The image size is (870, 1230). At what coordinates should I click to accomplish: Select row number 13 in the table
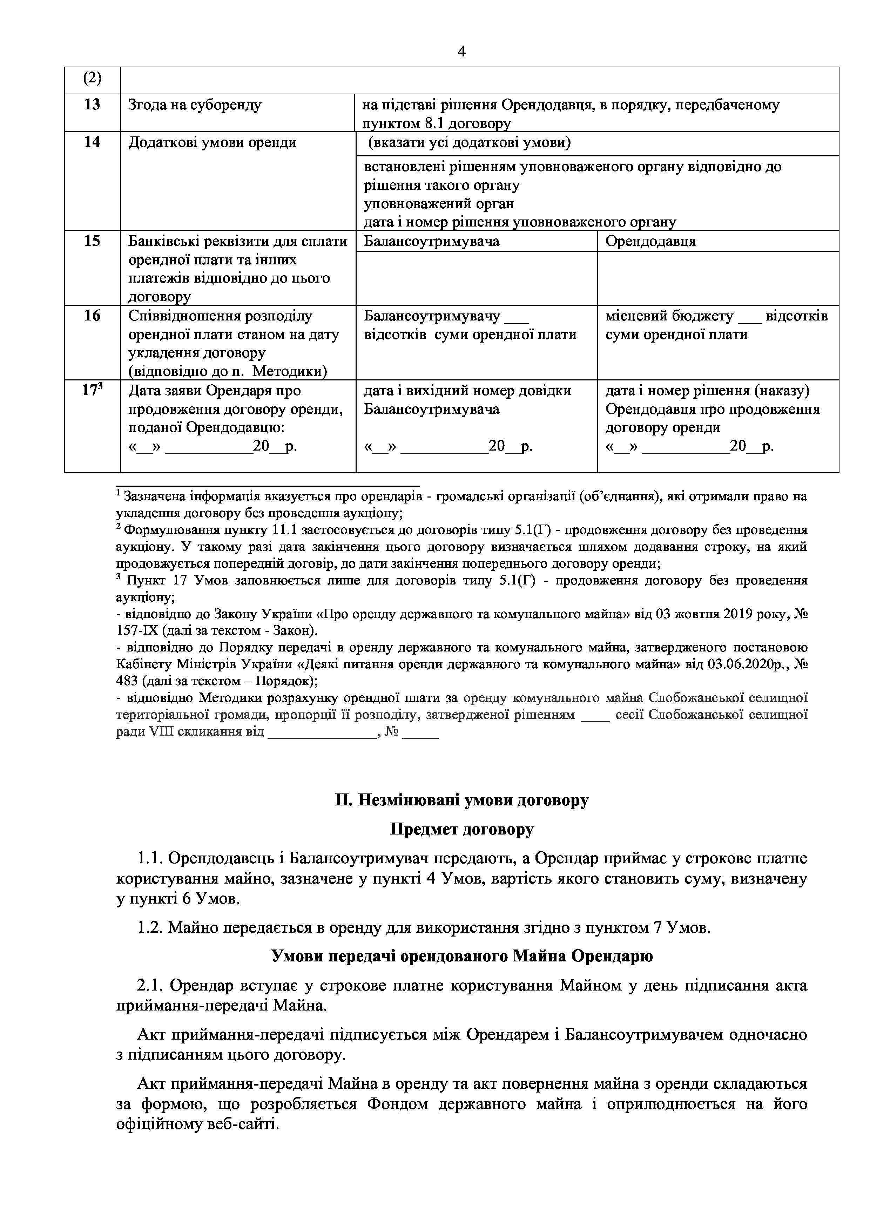92,104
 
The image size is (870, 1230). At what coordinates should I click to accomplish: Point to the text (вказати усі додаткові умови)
469,143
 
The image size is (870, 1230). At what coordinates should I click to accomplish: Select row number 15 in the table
92,241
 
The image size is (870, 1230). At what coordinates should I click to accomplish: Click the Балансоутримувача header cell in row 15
432,241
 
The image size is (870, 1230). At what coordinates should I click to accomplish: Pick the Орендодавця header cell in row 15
650,241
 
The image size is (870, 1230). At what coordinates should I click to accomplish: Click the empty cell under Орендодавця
718,278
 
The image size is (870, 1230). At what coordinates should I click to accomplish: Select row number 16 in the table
92,316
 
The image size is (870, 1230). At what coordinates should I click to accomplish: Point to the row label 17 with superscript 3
92,391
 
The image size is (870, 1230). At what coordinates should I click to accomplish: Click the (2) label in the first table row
92,79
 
